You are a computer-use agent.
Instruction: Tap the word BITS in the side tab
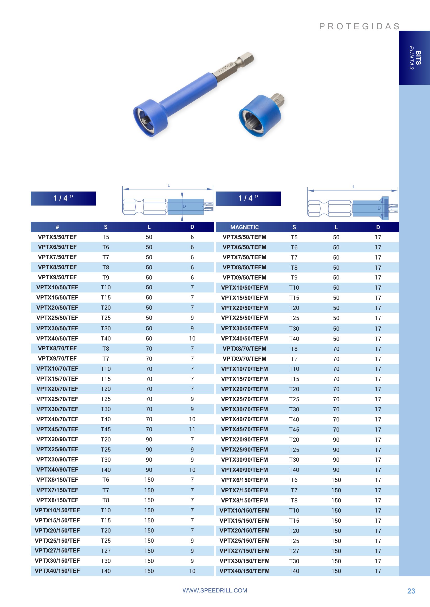tap(418, 58)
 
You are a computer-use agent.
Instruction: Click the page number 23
tap(411, 591)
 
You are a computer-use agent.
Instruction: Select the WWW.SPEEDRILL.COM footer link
tap(215, 590)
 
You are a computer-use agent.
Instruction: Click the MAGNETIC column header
tap(244, 227)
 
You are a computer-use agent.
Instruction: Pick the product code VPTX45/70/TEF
tap(57, 429)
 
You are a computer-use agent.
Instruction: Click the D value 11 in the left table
tap(192, 429)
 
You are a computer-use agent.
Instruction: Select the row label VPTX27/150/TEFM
tap(244, 551)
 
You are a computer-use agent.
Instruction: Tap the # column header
tap(57, 227)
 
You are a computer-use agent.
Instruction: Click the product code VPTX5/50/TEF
tap(57, 237)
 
